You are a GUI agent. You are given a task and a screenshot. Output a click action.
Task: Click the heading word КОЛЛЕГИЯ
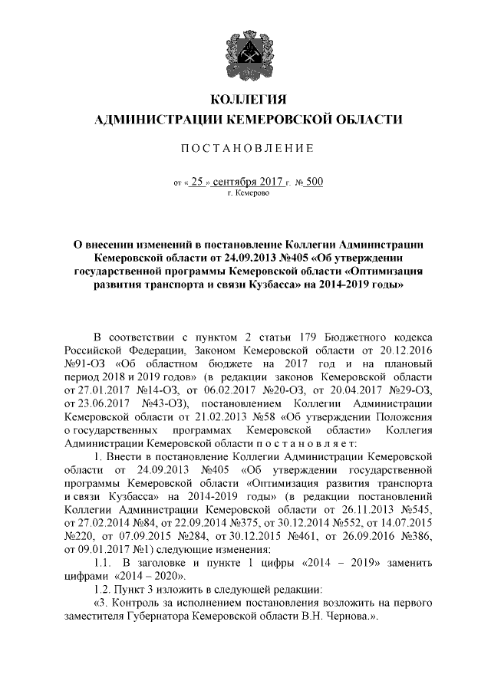pos(246,100)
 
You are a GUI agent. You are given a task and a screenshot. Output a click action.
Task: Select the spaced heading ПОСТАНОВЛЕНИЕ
pos(246,146)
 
